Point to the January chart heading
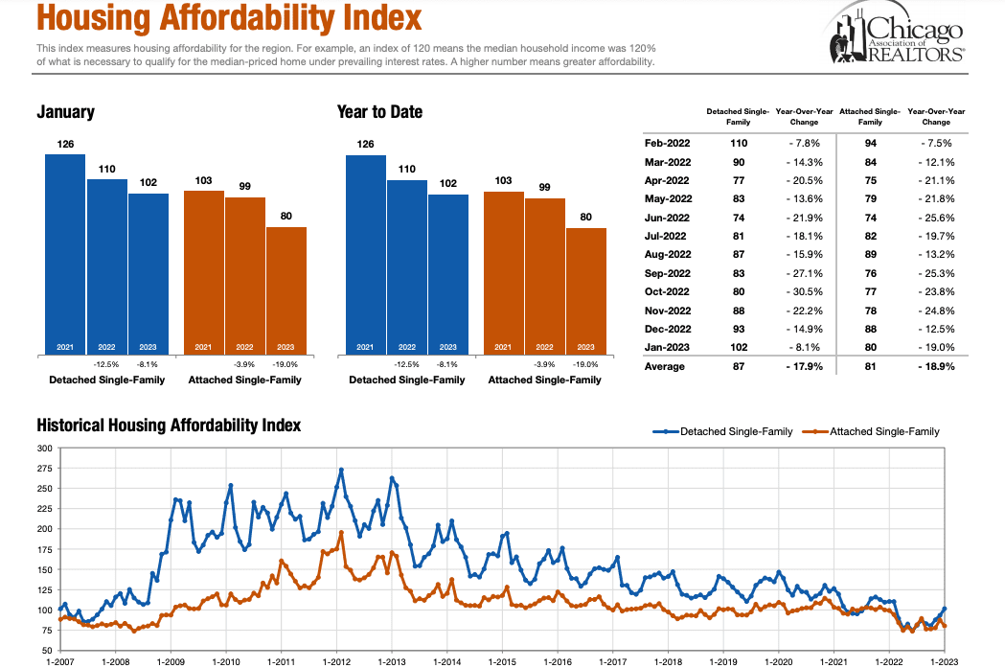[x=65, y=112]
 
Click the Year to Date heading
[x=379, y=112]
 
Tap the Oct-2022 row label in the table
[x=667, y=291]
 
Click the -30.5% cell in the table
[x=804, y=291]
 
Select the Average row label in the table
[x=664, y=366]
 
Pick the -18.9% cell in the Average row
[x=935, y=366]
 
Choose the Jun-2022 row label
[x=667, y=218]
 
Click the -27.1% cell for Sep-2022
[x=804, y=273]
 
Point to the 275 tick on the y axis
[x=45, y=469]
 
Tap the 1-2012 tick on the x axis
[x=337, y=661]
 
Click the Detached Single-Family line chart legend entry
[x=722, y=431]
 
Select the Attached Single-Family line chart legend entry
[x=871, y=431]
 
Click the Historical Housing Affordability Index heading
[x=169, y=425]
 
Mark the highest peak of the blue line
[x=341, y=470]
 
